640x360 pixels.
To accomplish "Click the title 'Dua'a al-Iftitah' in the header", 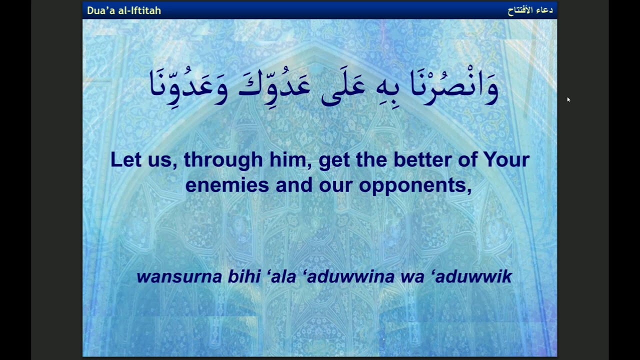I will pyautogui.click(x=124, y=10).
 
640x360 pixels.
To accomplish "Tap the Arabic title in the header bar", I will pyautogui.click(x=530, y=10).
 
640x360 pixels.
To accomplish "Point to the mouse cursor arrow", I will pyautogui.click(x=568, y=99).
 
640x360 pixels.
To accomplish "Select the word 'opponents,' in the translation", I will pyautogui.click(x=415, y=185).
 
